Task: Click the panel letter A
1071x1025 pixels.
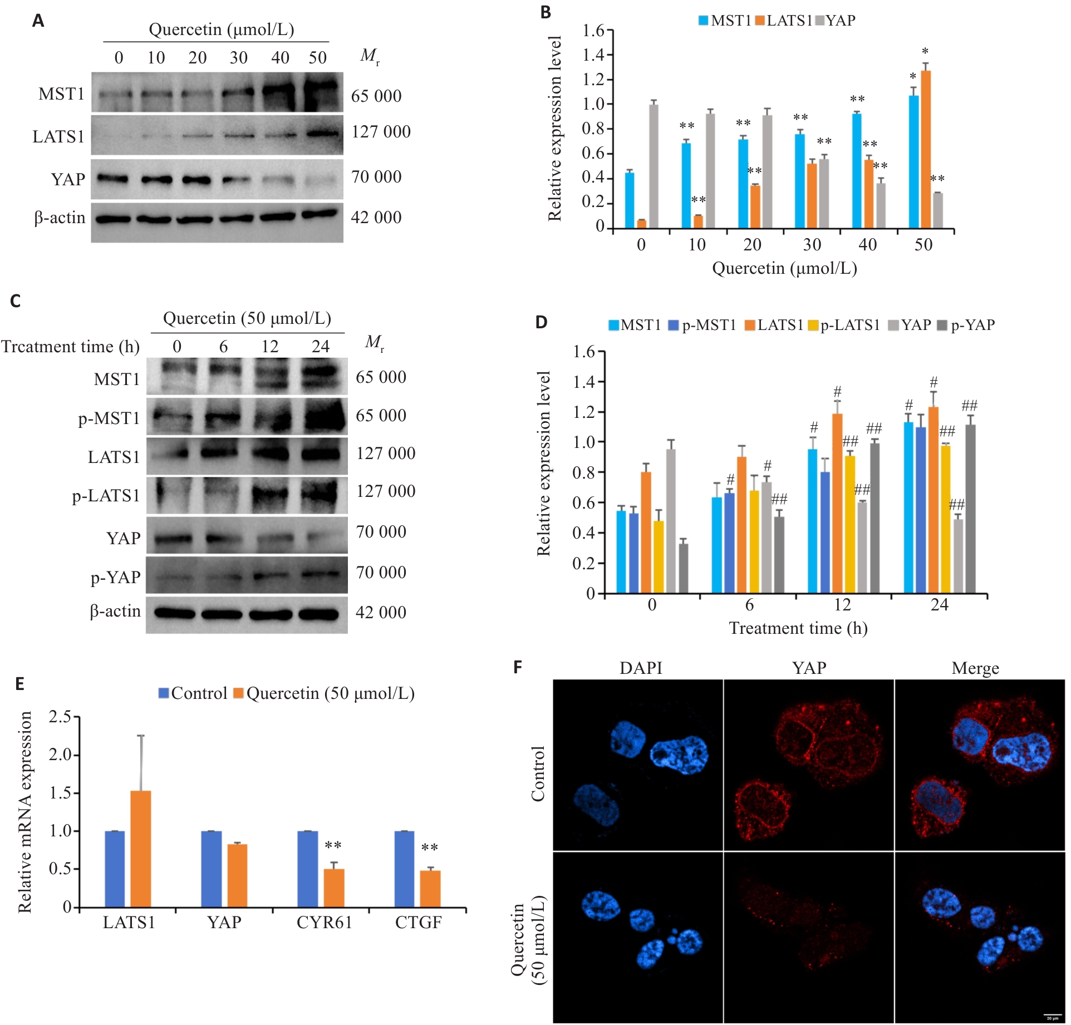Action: [38, 21]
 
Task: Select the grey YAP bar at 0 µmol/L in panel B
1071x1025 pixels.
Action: [654, 166]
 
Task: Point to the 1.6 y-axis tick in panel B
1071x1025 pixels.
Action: [593, 31]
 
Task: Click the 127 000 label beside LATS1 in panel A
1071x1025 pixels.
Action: [381, 132]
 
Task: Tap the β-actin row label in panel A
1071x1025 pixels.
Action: [60, 218]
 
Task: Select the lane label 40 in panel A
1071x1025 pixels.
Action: [280, 57]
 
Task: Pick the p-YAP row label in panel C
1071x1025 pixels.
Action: [115, 578]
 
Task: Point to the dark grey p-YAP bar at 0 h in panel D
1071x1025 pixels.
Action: [683, 568]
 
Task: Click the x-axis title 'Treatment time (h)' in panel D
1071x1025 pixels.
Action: [798, 628]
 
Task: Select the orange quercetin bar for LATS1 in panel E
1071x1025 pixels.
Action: [141, 849]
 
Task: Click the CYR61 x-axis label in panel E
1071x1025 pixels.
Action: [324, 923]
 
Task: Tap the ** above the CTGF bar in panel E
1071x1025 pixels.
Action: [429, 848]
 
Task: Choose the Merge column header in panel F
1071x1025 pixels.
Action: [975, 668]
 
